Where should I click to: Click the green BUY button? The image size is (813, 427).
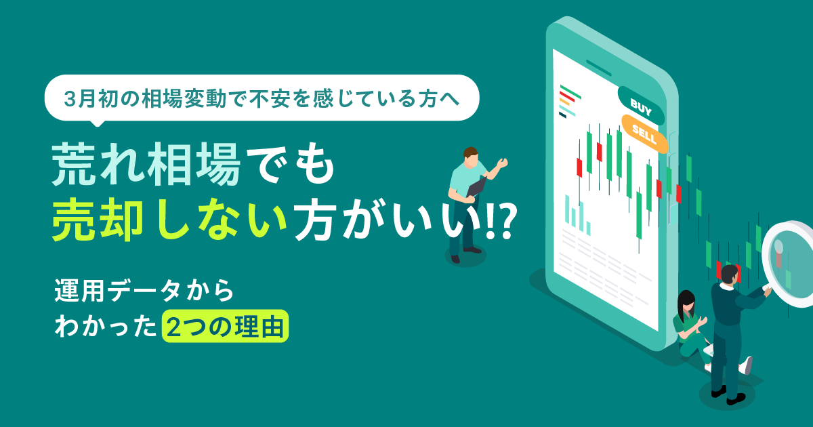(x=641, y=106)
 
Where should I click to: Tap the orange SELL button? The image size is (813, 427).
(x=644, y=134)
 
